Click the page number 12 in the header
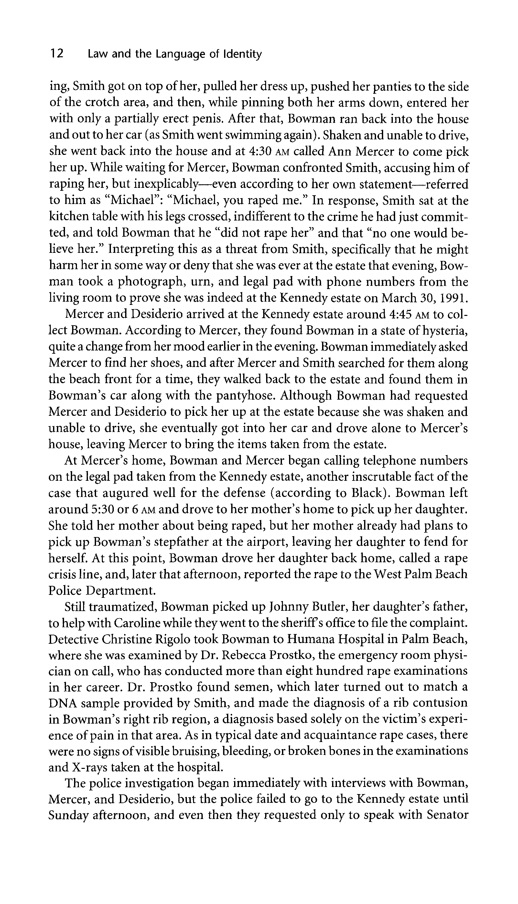point(57,54)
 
